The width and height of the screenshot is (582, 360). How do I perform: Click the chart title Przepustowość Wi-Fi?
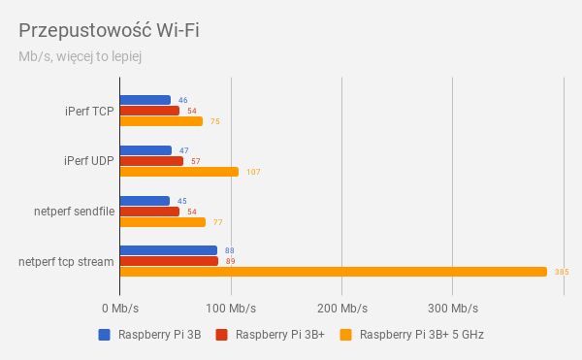point(109,29)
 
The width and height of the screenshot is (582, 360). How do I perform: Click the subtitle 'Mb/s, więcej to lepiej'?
point(81,56)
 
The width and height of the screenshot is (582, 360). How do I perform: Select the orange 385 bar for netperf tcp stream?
point(333,272)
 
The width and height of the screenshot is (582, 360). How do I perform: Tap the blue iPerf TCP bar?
point(145,100)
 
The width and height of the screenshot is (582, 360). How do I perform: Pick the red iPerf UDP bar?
point(151,161)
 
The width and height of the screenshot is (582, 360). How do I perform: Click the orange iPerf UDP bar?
point(178,172)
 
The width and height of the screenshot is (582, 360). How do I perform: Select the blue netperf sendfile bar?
point(145,201)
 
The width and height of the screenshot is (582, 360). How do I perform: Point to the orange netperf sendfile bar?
point(162,222)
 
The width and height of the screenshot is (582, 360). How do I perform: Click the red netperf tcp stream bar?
point(169,261)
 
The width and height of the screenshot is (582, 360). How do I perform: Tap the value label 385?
point(561,272)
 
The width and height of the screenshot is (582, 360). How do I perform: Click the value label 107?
point(253,172)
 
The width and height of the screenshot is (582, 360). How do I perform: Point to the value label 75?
point(215,121)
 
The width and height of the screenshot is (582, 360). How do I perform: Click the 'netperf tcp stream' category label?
point(66,261)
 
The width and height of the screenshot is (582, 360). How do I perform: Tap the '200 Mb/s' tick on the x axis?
point(341,309)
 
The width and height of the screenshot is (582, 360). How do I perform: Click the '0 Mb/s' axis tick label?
point(120,309)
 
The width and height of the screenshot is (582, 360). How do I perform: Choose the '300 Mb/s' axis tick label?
point(452,309)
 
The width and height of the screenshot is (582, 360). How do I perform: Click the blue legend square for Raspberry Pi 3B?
point(104,336)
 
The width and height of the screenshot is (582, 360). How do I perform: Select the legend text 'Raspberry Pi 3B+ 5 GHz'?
point(422,336)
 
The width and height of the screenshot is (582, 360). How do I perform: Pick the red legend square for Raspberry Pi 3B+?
point(220,336)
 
